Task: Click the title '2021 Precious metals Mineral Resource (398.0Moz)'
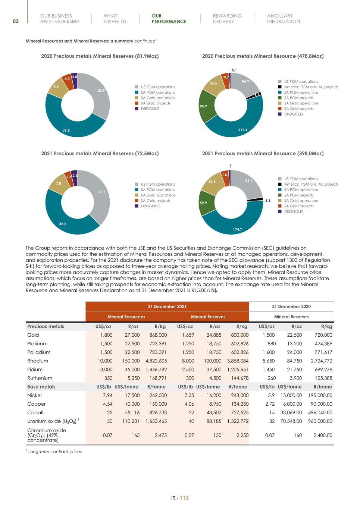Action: tap(263, 153)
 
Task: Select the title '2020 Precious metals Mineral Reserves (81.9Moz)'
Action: tap(100, 56)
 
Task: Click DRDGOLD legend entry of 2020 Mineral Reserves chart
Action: tap(150, 109)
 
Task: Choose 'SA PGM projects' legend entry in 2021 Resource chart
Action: tap(298, 195)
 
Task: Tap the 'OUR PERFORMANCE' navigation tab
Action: tap(169, 19)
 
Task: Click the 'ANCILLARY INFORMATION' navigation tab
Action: tap(283, 19)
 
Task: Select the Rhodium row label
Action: tap(35, 361)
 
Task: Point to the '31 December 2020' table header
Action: tap(291, 307)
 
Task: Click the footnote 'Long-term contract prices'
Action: tap(55, 452)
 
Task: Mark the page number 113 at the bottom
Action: tap(184, 498)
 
